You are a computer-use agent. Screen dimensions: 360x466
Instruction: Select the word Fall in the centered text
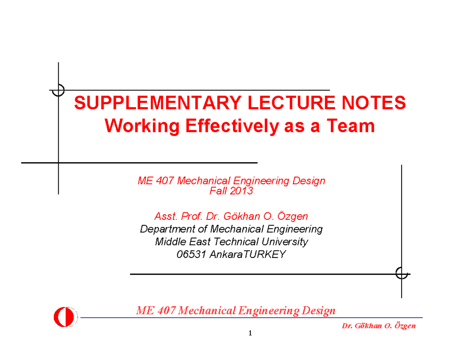(x=218, y=191)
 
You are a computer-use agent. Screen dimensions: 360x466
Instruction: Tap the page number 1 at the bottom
(x=250, y=333)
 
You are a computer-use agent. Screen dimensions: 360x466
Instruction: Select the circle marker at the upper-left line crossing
(x=58, y=90)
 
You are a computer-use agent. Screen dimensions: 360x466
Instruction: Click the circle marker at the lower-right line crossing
(x=401, y=273)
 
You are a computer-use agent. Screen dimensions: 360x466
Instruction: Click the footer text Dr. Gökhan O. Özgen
(x=378, y=326)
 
